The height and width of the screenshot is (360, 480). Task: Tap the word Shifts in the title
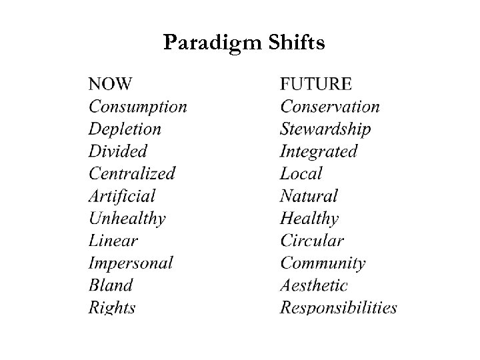[x=297, y=43]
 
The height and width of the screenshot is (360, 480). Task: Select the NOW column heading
[x=110, y=84]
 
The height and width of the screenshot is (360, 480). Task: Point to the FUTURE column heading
[x=316, y=84]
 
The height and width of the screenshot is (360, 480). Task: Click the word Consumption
[x=138, y=107]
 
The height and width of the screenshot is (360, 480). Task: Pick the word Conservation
[x=330, y=107]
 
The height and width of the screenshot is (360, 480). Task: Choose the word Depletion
[x=125, y=129]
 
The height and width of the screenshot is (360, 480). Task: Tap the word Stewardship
[x=325, y=129]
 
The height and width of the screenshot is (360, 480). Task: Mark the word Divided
[x=117, y=151]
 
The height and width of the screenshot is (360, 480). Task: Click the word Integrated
[x=319, y=151]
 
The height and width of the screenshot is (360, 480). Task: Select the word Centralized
[x=132, y=173]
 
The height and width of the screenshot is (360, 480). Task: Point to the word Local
[x=301, y=173]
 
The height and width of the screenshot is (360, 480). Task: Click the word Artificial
[x=122, y=196]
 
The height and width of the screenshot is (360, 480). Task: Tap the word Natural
[x=309, y=196]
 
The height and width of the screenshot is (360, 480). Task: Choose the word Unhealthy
[x=127, y=218]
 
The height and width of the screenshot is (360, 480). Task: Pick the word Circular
[x=312, y=241]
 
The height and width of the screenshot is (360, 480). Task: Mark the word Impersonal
[x=131, y=263]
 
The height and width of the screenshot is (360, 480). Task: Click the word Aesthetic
[x=314, y=285]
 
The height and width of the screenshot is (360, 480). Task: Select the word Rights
[x=112, y=307]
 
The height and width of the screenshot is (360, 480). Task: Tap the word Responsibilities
[x=339, y=307]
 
